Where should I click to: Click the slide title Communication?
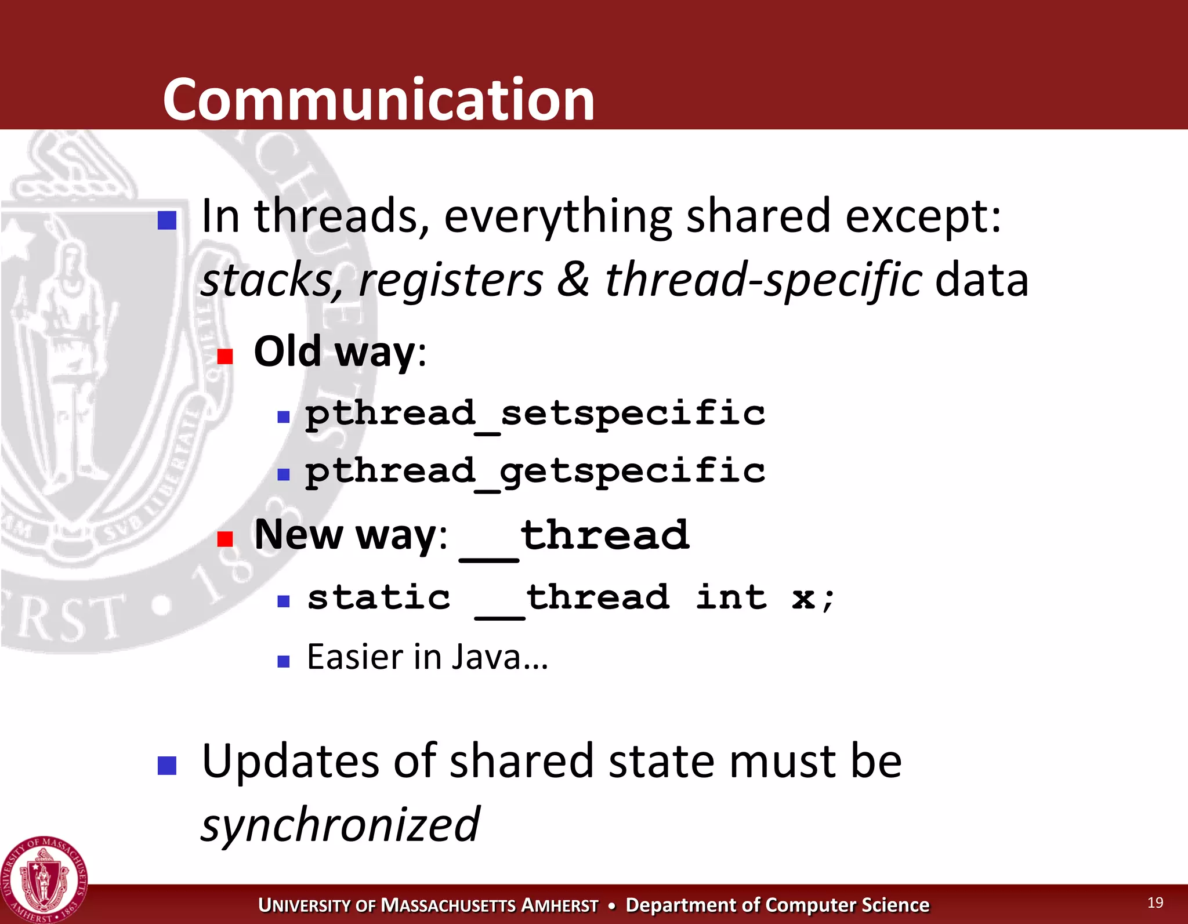pos(379,100)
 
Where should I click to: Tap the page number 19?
pos(1155,903)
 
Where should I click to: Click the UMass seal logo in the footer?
pos(44,880)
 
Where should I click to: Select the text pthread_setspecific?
pos(535,414)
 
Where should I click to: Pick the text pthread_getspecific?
pos(535,471)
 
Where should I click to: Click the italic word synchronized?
pos(340,824)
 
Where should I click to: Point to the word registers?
pos(451,280)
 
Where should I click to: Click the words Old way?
pos(335,352)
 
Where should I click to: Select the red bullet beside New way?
pos(225,539)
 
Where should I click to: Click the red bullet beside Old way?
pos(225,356)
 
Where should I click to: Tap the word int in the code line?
pos(731,597)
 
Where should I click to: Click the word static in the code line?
pos(379,597)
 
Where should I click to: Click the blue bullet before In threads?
pos(167,220)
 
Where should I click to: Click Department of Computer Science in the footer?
pos(777,905)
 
